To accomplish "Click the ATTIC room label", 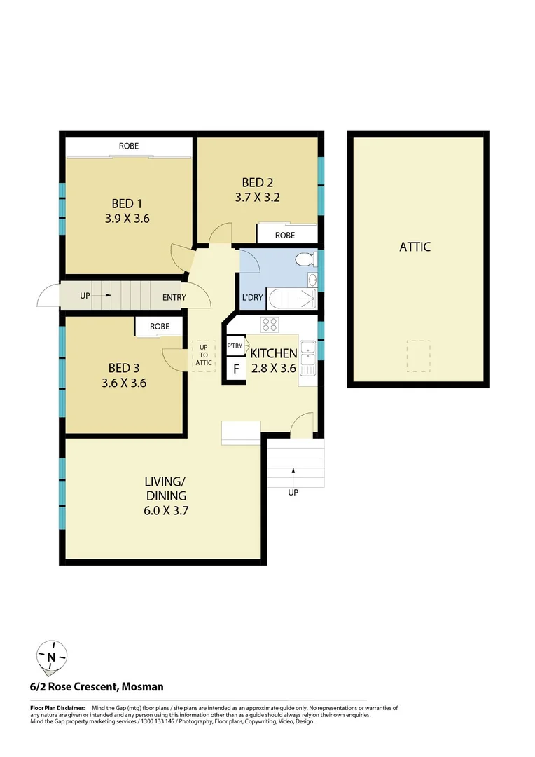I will click(x=415, y=247).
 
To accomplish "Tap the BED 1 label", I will click(x=127, y=204).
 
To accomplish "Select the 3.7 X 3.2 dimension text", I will click(x=258, y=198).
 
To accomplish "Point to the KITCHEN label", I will click(x=273, y=353).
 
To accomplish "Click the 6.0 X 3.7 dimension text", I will click(x=166, y=511).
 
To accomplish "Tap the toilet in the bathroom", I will click(x=304, y=260).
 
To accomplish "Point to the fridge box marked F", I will click(x=236, y=369).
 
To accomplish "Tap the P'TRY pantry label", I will click(x=235, y=346).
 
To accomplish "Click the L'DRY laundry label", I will click(x=252, y=297).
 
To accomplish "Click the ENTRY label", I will click(x=174, y=297).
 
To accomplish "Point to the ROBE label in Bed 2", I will click(x=284, y=235).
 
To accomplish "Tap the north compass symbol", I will click(x=51, y=657).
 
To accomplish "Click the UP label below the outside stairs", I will click(x=293, y=492).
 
